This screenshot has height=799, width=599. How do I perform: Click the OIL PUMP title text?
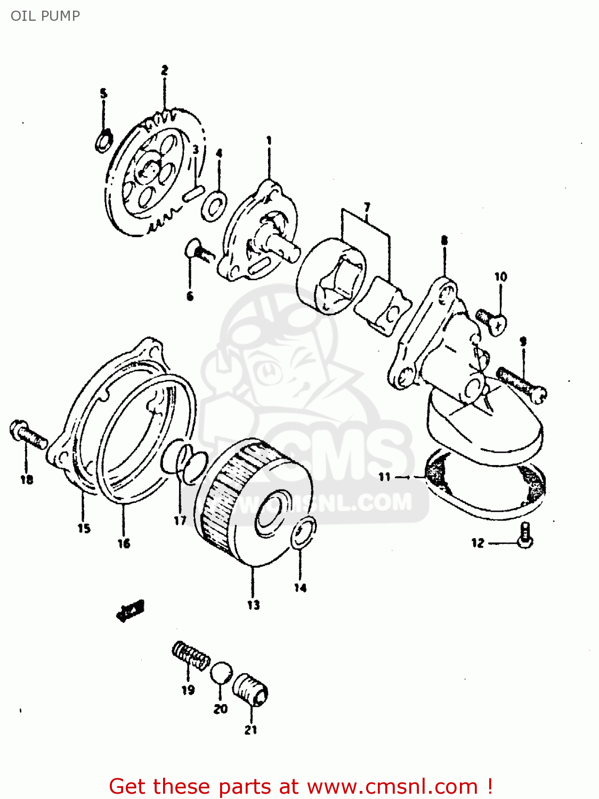pos(45,16)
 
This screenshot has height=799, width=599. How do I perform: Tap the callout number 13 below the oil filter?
pos(253,605)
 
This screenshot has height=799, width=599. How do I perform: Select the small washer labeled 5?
pos(103,140)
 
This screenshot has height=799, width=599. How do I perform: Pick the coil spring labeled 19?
pos(191,656)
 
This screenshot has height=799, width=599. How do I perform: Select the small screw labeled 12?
pos(525,536)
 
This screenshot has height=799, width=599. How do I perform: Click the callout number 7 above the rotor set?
pos(367,207)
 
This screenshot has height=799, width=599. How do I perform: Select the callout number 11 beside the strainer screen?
pos(385,477)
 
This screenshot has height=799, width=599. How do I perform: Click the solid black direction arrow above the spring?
pos(130,610)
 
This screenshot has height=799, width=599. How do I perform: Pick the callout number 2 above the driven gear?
pos(165,70)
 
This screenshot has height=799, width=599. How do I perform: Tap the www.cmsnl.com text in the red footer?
pos(393,786)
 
